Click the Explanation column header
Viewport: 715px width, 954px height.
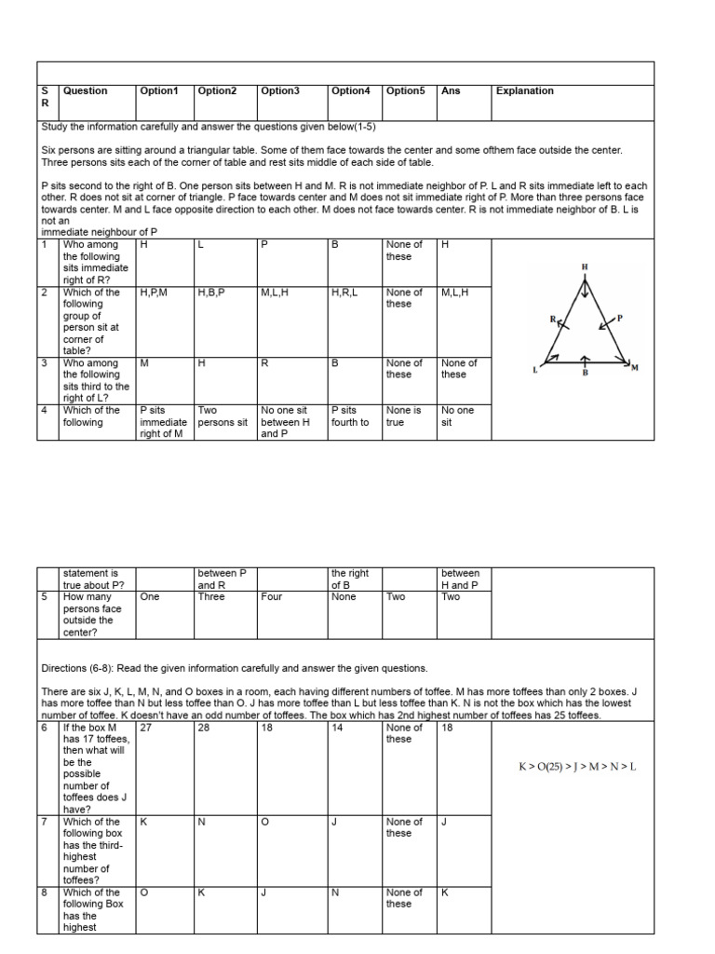[524, 91]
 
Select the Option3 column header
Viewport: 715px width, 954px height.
[280, 91]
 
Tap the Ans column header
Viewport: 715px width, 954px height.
[451, 91]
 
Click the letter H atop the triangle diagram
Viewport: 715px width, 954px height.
[585, 267]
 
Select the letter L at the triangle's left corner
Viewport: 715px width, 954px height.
[535, 370]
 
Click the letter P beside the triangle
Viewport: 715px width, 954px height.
[618, 317]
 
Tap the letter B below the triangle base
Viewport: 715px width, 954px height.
[585, 375]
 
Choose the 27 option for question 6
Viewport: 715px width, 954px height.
[145, 728]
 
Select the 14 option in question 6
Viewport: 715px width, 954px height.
[337, 728]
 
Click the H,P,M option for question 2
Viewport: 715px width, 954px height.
[154, 293]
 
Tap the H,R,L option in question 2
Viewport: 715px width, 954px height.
[345, 293]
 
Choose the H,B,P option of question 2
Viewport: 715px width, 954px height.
[212, 293]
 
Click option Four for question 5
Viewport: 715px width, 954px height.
[271, 597]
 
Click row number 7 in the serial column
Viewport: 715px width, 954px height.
[44, 822]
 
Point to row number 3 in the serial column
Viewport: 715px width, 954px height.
[44, 363]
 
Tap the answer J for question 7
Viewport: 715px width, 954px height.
[444, 822]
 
